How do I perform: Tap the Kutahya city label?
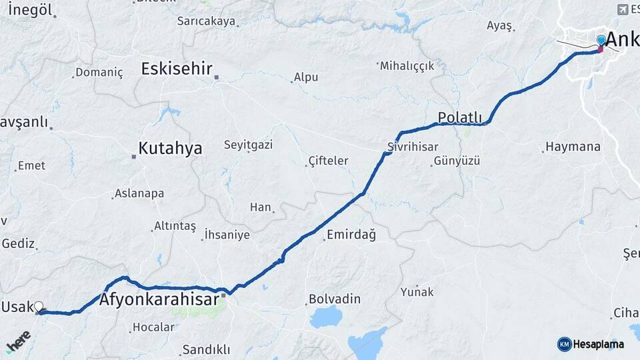pyautogui.click(x=170, y=148)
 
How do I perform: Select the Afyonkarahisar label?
pyautogui.click(x=159, y=299)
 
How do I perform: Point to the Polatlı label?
pyautogui.click(x=459, y=118)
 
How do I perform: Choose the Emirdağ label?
pyautogui.click(x=351, y=235)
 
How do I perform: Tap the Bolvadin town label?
pyautogui.click(x=335, y=299)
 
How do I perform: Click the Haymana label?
pyautogui.click(x=573, y=147)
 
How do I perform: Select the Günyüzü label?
pyautogui.click(x=457, y=161)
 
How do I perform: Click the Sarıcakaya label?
pyautogui.click(x=206, y=21)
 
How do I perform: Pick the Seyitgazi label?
pyautogui.click(x=248, y=145)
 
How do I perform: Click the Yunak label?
pyautogui.click(x=417, y=292)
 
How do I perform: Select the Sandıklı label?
pyautogui.click(x=206, y=349)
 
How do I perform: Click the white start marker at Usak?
pyautogui.click(x=39, y=307)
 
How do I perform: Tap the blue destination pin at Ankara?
pyautogui.click(x=601, y=41)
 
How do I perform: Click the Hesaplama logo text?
pyautogui.click(x=598, y=344)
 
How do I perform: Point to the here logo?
pyautogui.click(x=18, y=341)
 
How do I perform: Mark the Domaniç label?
pyautogui.click(x=99, y=73)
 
